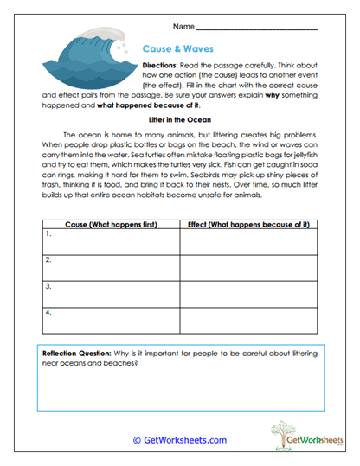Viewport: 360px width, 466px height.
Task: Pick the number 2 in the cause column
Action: [x=48, y=259]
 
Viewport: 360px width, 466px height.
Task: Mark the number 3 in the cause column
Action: [x=48, y=285]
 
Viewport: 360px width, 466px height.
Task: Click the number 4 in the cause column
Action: [x=48, y=311]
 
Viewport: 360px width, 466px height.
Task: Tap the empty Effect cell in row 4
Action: [x=248, y=319]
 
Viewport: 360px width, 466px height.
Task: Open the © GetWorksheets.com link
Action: [x=179, y=439]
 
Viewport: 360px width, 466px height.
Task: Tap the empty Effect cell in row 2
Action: [x=248, y=267]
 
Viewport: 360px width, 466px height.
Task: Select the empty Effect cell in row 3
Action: [x=248, y=293]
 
